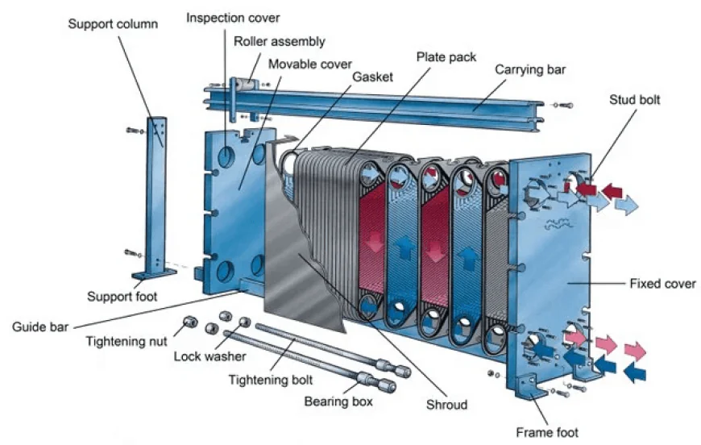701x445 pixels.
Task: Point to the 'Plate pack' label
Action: point(446,57)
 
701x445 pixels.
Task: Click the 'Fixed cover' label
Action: point(662,284)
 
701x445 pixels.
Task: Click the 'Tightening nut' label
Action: point(127,341)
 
